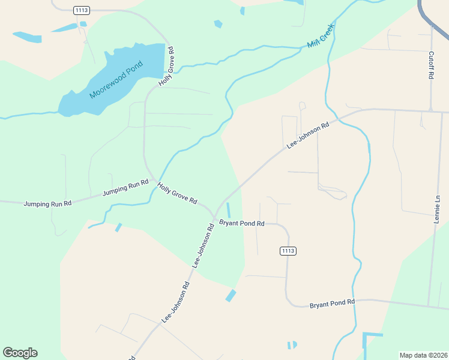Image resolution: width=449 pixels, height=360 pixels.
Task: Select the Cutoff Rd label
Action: (431, 65)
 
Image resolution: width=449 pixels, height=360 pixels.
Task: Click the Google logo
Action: (20, 353)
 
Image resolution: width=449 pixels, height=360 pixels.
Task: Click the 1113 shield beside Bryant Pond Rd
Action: (288, 250)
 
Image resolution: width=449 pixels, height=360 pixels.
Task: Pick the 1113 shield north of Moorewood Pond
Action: (81, 10)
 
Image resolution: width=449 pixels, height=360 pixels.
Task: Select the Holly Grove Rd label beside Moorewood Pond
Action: (166, 67)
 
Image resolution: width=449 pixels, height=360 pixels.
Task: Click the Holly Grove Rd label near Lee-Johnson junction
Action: (177, 194)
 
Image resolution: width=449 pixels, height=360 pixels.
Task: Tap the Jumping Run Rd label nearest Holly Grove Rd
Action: (125, 188)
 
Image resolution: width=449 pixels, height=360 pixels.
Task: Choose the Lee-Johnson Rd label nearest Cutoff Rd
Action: (309, 136)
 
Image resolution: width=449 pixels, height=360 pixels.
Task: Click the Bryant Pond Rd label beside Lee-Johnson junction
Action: (241, 223)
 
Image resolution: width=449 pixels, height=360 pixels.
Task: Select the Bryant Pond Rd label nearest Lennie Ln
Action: (332, 304)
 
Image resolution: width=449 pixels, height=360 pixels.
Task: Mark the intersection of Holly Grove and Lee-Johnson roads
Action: (215, 214)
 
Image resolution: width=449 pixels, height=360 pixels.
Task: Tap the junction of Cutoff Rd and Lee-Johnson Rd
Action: (431, 110)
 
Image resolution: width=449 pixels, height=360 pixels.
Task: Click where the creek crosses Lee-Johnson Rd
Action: (339, 119)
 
